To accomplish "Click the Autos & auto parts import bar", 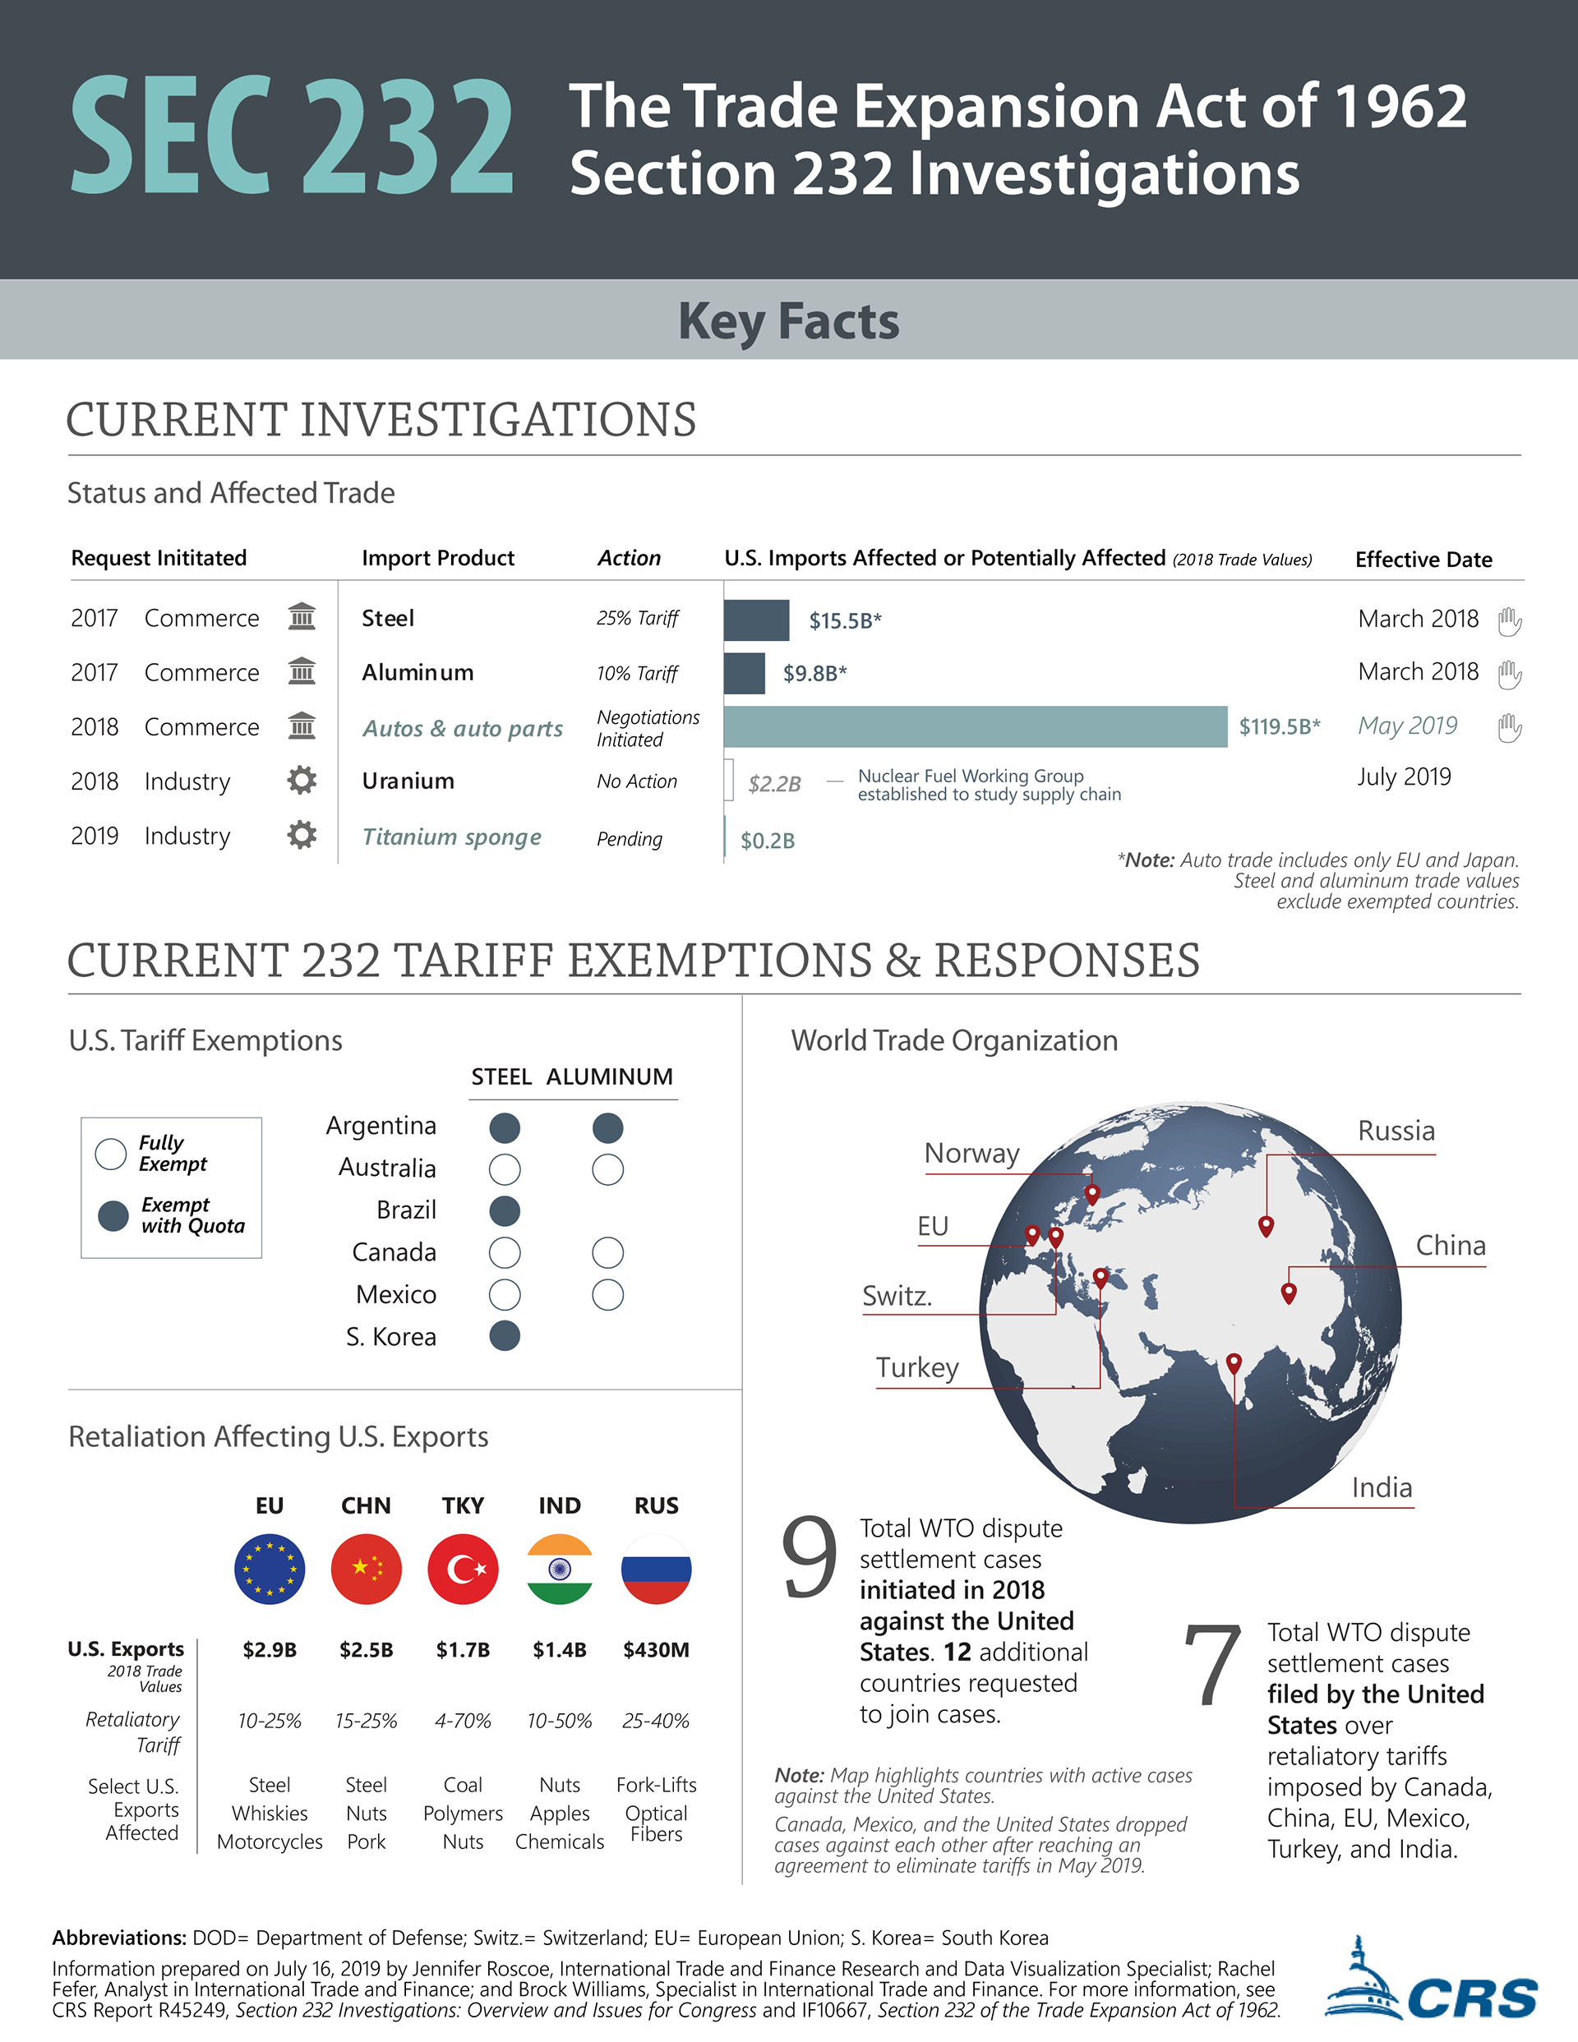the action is pos(975,726).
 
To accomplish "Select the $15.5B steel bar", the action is pos(757,620).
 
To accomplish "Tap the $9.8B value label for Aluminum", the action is pos(814,673).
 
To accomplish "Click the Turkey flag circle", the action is pos(463,1569).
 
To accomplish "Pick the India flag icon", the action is pos(560,1569).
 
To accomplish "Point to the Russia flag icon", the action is pos(656,1569).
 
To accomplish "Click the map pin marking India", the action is pos(1234,1364).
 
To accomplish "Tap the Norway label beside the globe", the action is pos(972,1154).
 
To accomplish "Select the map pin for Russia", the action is pos(1266,1227).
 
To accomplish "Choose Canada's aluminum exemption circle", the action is pos(608,1253).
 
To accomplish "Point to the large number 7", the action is pos(1212,1664).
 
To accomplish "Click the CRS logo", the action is pos(1431,1980).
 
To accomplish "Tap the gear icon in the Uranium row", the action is pos(301,780).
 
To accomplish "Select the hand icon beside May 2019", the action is pos(1509,726).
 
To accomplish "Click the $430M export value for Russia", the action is pos(656,1650).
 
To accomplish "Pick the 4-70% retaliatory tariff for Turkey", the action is pos(463,1722).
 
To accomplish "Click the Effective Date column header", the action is pos(1423,559).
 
